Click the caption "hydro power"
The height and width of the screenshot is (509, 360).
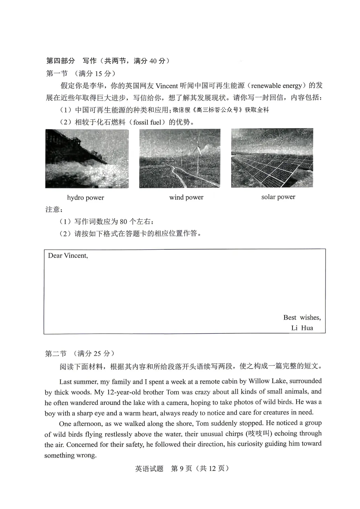(86, 198)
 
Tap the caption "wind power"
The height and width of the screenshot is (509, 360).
(186, 198)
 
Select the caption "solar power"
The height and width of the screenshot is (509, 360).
(278, 197)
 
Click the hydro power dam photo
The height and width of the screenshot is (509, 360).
(87, 159)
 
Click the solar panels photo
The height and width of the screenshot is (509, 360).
(272, 158)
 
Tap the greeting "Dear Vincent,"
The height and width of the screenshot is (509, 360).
(68, 256)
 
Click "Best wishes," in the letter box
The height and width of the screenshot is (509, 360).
(302, 318)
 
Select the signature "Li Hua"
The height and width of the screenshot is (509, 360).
(302, 328)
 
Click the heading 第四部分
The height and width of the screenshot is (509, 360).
(60, 61)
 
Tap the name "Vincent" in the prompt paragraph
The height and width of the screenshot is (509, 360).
(167, 86)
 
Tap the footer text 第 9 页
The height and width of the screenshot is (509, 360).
(181, 469)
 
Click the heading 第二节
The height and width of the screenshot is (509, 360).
(56, 354)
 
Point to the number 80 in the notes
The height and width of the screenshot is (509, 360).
(123, 222)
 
